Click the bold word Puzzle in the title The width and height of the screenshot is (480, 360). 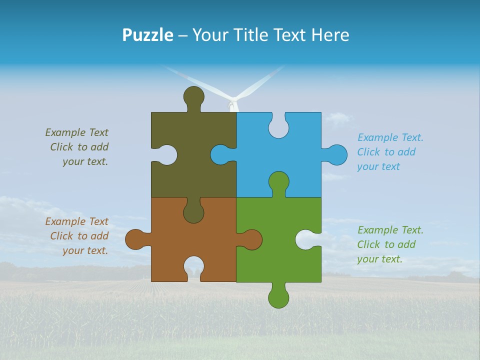(x=147, y=35)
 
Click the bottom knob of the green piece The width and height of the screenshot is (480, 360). (x=278, y=297)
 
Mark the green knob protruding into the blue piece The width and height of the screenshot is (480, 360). (x=278, y=182)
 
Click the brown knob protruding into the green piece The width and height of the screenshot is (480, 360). (x=251, y=239)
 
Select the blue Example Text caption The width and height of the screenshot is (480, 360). (x=390, y=152)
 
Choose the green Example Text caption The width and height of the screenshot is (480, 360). (x=390, y=244)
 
